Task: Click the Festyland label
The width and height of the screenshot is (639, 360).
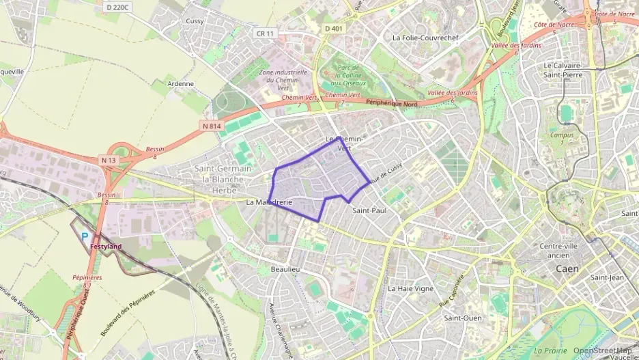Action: tap(106, 246)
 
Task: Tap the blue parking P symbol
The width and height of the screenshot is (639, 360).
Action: tap(85, 236)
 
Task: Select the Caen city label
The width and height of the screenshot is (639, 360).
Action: tap(567, 268)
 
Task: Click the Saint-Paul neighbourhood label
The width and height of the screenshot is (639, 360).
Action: tap(369, 211)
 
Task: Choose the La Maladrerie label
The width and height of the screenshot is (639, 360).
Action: tap(269, 202)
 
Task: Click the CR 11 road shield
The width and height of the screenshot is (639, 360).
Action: tap(265, 33)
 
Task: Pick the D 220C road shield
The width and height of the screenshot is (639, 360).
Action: tap(118, 7)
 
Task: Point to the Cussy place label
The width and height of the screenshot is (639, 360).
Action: tap(195, 21)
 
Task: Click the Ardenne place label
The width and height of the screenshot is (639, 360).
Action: tap(181, 84)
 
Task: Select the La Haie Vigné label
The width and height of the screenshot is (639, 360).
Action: tap(411, 288)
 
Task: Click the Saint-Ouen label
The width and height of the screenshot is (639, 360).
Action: tap(463, 318)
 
